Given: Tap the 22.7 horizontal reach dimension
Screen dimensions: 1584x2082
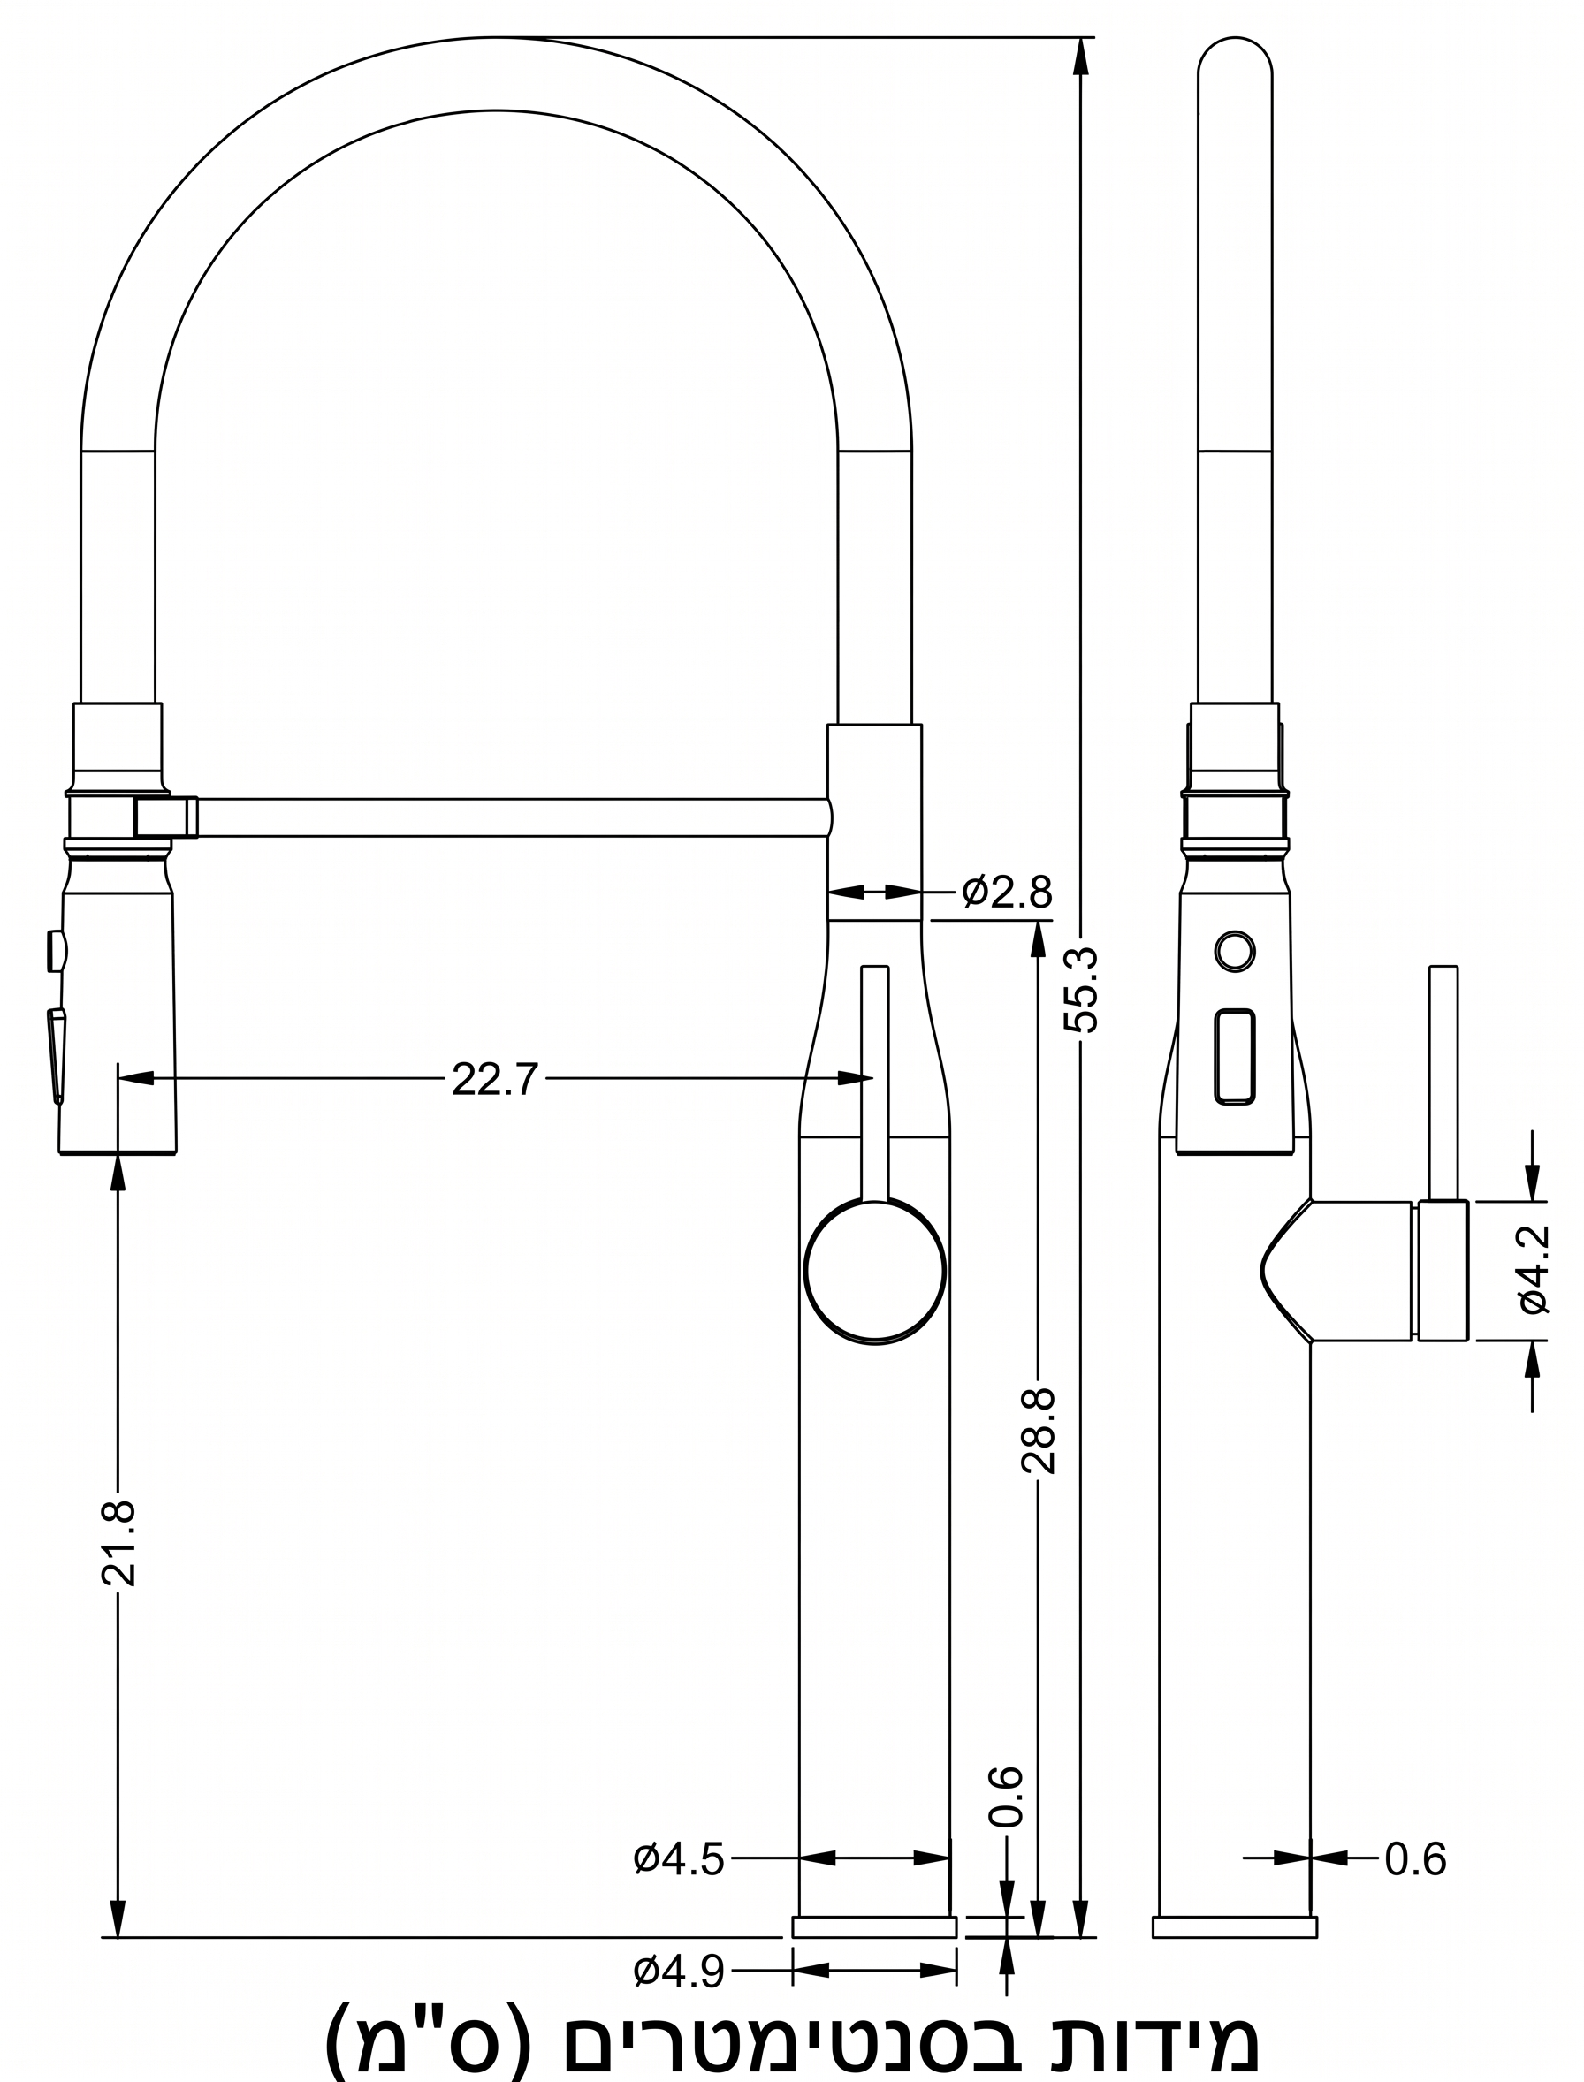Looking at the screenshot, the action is coord(494,1079).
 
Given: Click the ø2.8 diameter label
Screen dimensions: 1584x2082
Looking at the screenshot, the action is coord(1006,892).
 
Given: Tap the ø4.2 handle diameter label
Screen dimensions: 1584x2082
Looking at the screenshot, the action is coord(1534,1270).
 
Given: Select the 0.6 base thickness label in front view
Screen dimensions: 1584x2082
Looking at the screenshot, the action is coord(1006,1797).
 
